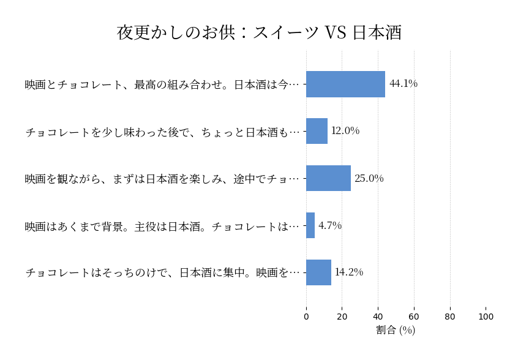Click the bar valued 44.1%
(x=345, y=84)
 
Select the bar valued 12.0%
(x=317, y=131)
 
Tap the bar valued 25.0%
(x=328, y=178)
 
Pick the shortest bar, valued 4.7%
(x=310, y=225)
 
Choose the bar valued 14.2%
(x=318, y=272)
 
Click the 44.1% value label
(x=404, y=84)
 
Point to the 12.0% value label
(x=345, y=131)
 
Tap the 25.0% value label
(x=369, y=178)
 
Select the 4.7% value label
(x=330, y=225)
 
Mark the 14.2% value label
(x=349, y=272)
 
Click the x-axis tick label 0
(x=306, y=317)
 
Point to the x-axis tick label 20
(x=342, y=317)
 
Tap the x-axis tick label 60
(x=414, y=317)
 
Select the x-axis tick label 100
(x=486, y=317)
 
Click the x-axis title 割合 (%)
(x=396, y=330)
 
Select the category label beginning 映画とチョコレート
(x=162, y=84)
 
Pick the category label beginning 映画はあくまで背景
(x=162, y=226)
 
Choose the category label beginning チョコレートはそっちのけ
(x=162, y=273)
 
